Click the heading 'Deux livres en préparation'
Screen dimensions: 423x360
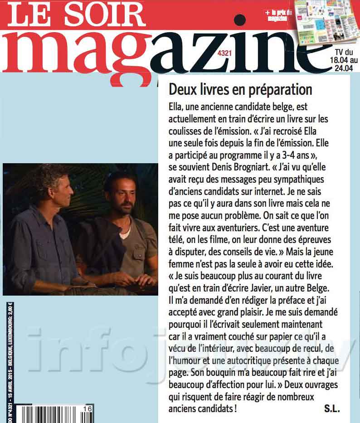(240, 90)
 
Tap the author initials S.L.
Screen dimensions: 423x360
(332, 409)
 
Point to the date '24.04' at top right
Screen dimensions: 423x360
(345, 68)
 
